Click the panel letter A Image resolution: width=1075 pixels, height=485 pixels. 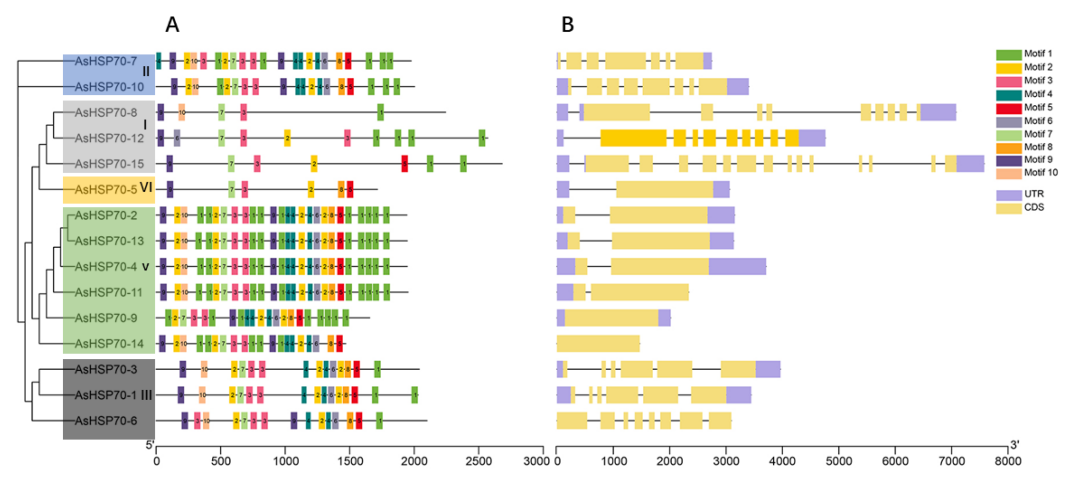tap(172, 25)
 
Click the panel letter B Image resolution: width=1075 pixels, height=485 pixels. tap(567, 25)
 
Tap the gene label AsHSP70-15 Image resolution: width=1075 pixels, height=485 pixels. tap(109, 164)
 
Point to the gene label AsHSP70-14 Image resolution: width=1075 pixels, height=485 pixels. tap(109, 344)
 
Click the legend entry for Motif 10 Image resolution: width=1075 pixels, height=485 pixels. tap(1040, 173)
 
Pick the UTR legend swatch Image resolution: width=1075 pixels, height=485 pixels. tap(1009, 195)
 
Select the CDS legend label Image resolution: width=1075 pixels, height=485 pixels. tap(1034, 207)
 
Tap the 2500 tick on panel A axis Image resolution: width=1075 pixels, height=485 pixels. tap(478, 461)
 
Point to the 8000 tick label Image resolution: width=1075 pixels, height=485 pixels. tap(1008, 461)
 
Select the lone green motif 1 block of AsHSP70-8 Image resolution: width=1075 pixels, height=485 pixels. tap(380, 113)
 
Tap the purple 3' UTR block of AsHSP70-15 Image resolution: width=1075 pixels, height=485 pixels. tap(970, 163)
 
